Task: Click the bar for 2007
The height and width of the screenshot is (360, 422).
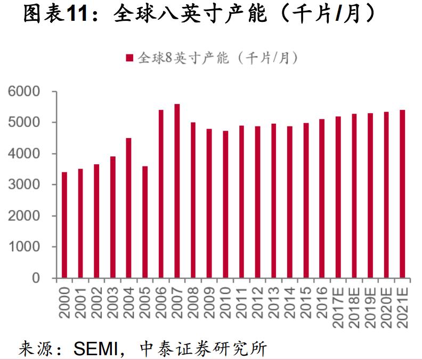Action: pyautogui.click(x=177, y=191)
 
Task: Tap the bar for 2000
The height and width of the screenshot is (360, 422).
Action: pyautogui.click(x=64, y=225)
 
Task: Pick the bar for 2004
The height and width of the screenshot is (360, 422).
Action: pyautogui.click(x=128, y=208)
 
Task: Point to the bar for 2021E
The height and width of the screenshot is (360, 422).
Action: pyautogui.click(x=402, y=194)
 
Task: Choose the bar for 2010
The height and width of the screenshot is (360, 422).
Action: pyautogui.click(x=225, y=204)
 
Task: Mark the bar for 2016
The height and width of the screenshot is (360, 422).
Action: pyautogui.click(x=322, y=198)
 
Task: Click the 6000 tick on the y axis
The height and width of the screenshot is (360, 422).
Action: pyautogui.click(x=25, y=92)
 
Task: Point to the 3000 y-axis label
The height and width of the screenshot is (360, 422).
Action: pyautogui.click(x=25, y=185)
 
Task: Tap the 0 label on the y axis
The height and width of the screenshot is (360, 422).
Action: pyautogui.click(x=36, y=278)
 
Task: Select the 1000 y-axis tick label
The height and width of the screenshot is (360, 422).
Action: pyautogui.click(x=25, y=247)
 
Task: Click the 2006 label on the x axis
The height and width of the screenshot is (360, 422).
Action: pyautogui.click(x=161, y=301)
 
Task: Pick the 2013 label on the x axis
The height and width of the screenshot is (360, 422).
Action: pyautogui.click(x=273, y=301)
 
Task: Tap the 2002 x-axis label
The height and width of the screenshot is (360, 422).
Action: pyautogui.click(x=96, y=301)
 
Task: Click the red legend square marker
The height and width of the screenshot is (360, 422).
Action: pyautogui.click(x=128, y=58)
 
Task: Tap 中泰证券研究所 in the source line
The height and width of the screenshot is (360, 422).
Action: pyautogui.click(x=202, y=349)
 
